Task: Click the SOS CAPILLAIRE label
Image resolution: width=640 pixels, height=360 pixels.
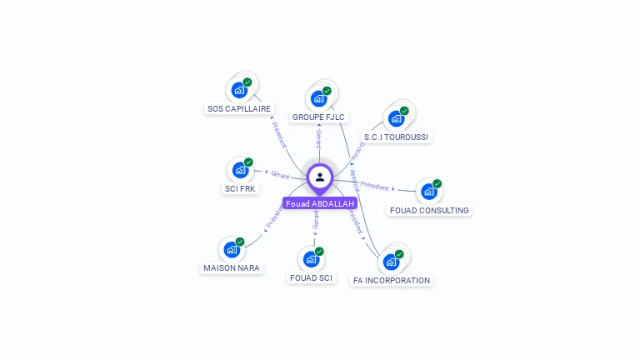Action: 239,109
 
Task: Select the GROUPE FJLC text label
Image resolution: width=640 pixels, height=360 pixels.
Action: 319,117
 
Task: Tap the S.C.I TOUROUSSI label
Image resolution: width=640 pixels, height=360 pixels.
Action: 397,137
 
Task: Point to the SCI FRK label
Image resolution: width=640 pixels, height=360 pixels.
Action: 241,188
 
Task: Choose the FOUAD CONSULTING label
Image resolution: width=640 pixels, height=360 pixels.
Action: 429,210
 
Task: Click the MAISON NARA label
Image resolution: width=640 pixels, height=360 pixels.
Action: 232,268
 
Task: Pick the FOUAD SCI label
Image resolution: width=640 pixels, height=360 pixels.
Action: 311,277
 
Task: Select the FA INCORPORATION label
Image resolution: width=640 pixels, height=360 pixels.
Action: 392,280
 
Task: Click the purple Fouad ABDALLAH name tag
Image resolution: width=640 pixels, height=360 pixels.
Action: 320,203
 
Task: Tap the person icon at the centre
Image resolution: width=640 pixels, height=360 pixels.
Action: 320,177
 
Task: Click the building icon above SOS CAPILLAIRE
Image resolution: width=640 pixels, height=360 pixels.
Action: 239,90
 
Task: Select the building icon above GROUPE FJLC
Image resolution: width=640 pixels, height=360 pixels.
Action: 318,98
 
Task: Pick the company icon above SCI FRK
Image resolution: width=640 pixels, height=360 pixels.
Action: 240,170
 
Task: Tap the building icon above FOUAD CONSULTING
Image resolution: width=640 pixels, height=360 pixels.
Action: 428,192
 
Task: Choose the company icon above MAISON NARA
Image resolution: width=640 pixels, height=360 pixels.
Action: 231,249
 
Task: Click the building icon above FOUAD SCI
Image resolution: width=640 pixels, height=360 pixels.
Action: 311,259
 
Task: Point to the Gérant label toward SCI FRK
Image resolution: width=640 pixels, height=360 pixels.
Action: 280,175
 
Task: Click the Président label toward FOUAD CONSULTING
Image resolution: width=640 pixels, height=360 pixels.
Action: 375,186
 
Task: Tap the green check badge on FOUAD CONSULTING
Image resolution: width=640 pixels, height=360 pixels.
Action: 437,183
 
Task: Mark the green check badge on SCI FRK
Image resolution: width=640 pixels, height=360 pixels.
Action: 248,162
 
